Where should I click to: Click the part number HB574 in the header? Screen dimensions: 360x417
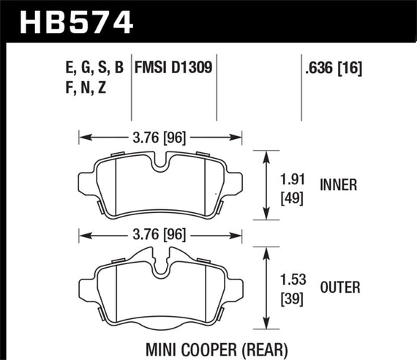tap(69, 20)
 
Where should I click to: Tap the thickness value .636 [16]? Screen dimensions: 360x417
tap(333, 69)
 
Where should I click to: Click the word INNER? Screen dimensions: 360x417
tap(338, 185)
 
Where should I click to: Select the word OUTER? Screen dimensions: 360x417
tap(339, 288)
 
